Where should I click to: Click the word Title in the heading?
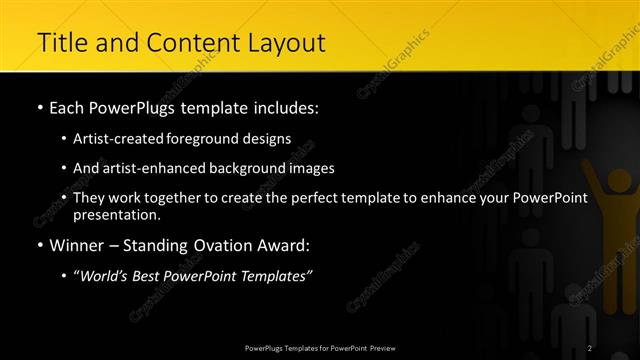59,43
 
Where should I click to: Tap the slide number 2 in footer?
590,348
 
